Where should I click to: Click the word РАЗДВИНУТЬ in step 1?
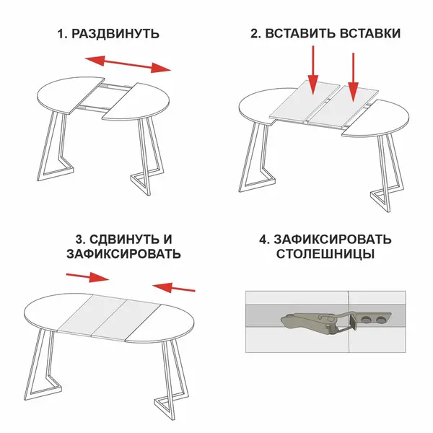(115, 34)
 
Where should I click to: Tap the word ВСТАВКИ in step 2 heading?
(370, 33)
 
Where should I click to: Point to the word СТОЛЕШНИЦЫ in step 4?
(325, 254)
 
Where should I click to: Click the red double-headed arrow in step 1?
(128, 64)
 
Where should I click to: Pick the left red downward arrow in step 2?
(313, 70)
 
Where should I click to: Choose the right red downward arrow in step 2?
(353, 77)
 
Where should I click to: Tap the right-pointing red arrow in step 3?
(88, 276)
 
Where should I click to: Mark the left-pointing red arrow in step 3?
(174, 287)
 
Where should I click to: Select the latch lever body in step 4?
(307, 321)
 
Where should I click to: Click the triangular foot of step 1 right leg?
(141, 183)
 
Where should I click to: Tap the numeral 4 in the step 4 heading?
(263, 240)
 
